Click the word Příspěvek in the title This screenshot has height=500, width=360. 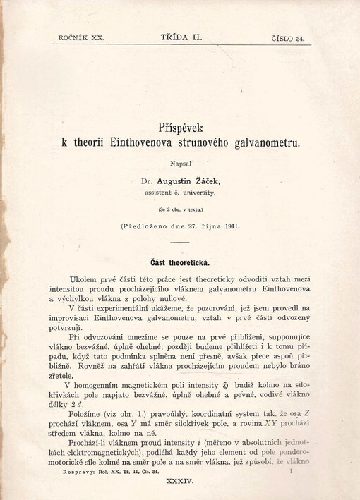[181, 128]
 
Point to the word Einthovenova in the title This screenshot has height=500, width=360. [148, 142]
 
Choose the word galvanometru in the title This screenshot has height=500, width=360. [260, 142]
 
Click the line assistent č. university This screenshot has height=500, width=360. [181, 192]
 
